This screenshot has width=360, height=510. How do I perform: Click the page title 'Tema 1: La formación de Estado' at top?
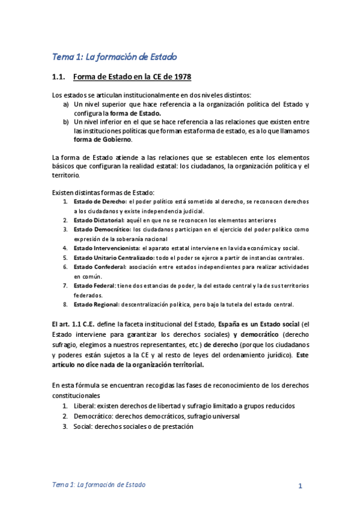click(114, 57)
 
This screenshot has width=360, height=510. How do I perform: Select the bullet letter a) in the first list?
click(66, 104)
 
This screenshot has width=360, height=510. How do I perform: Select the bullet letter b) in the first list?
click(66, 121)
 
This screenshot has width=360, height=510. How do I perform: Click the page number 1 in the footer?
click(299, 486)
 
